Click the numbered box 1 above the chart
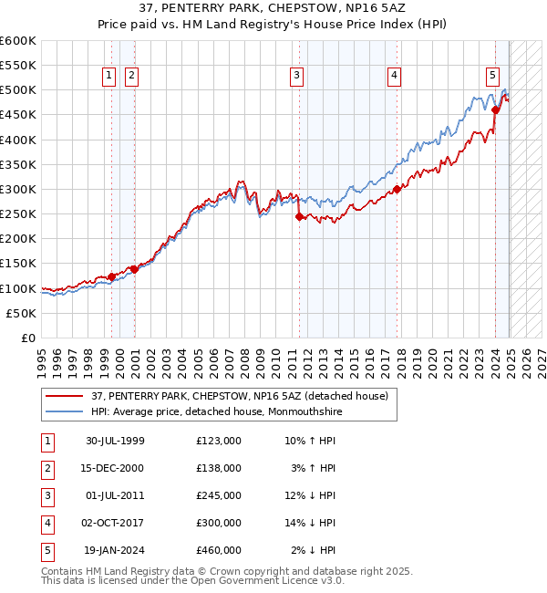coord(109,76)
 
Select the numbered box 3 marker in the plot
coord(297,76)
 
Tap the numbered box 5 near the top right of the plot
coord(492,76)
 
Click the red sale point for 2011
coord(299,217)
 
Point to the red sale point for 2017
coord(397,190)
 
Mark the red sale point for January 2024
coord(496,110)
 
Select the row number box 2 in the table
coord(46,468)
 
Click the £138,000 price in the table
coord(219,468)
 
